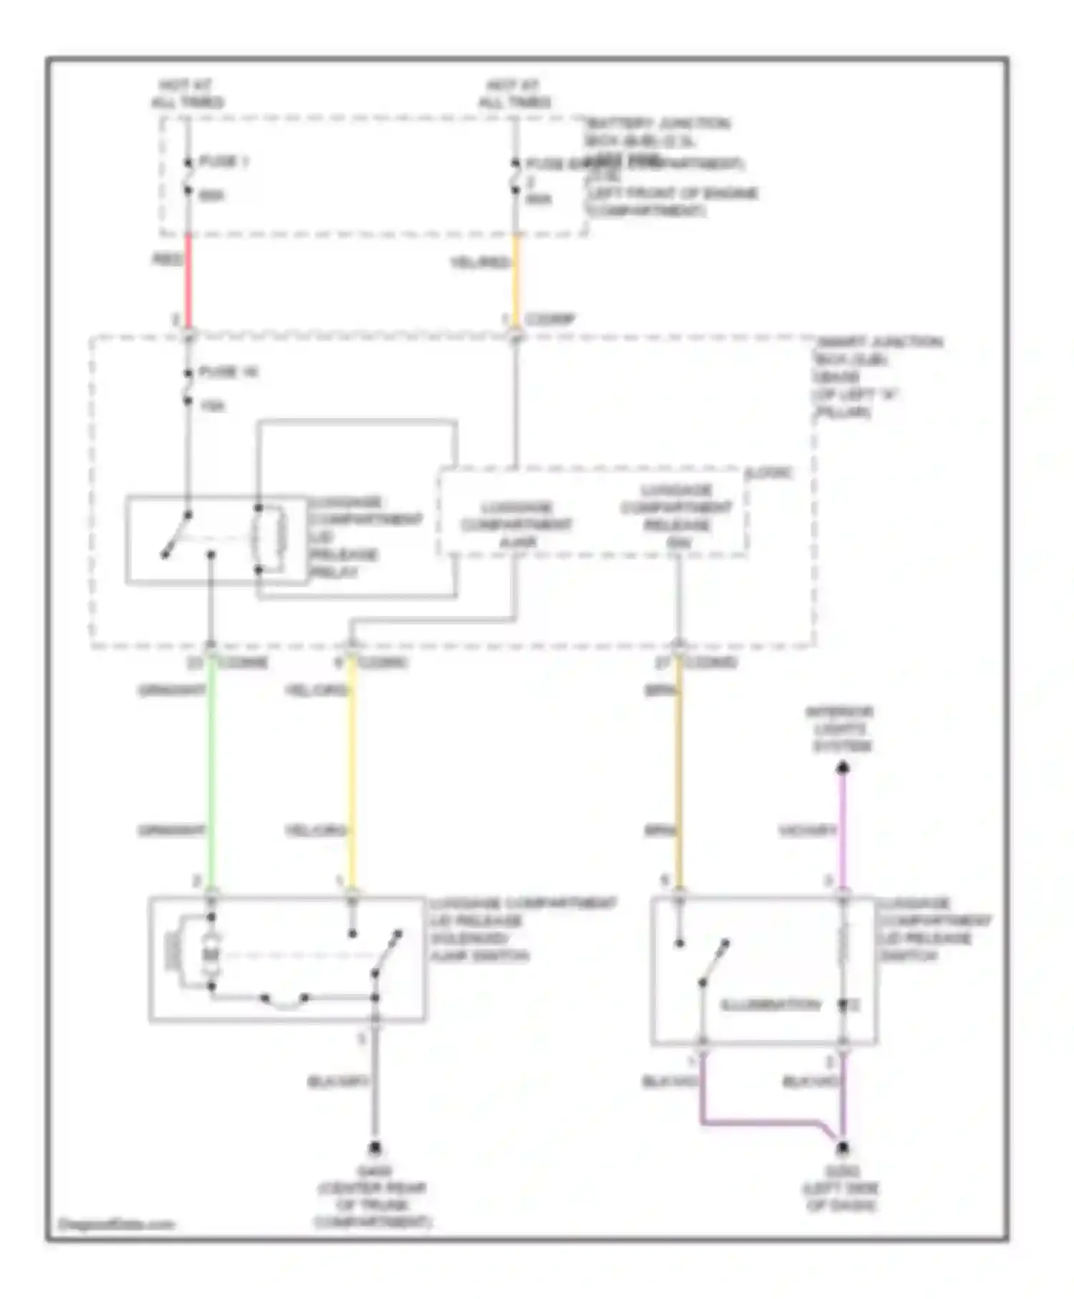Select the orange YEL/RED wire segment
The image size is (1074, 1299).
pos(516,276)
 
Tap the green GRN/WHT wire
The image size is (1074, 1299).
pos(211,773)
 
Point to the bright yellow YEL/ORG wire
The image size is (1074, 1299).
pos(352,773)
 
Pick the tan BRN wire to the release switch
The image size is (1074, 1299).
pos(679,773)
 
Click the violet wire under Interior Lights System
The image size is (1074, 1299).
pos(843,831)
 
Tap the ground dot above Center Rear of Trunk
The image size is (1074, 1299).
pos(374,1149)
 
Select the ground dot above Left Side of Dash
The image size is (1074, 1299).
pos(843,1149)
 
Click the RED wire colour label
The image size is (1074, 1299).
pos(167,259)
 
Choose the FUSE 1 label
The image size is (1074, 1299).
pos(223,162)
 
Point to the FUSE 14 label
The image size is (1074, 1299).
pos(228,372)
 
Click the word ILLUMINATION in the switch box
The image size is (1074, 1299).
pos(770,1005)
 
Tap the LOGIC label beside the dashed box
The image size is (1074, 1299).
pos(769,473)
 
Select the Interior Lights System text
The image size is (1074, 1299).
pos(841,729)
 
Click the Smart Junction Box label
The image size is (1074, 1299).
pos(878,377)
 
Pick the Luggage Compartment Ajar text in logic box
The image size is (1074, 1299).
pos(516,525)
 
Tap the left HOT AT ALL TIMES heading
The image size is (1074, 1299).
pos(187,94)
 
